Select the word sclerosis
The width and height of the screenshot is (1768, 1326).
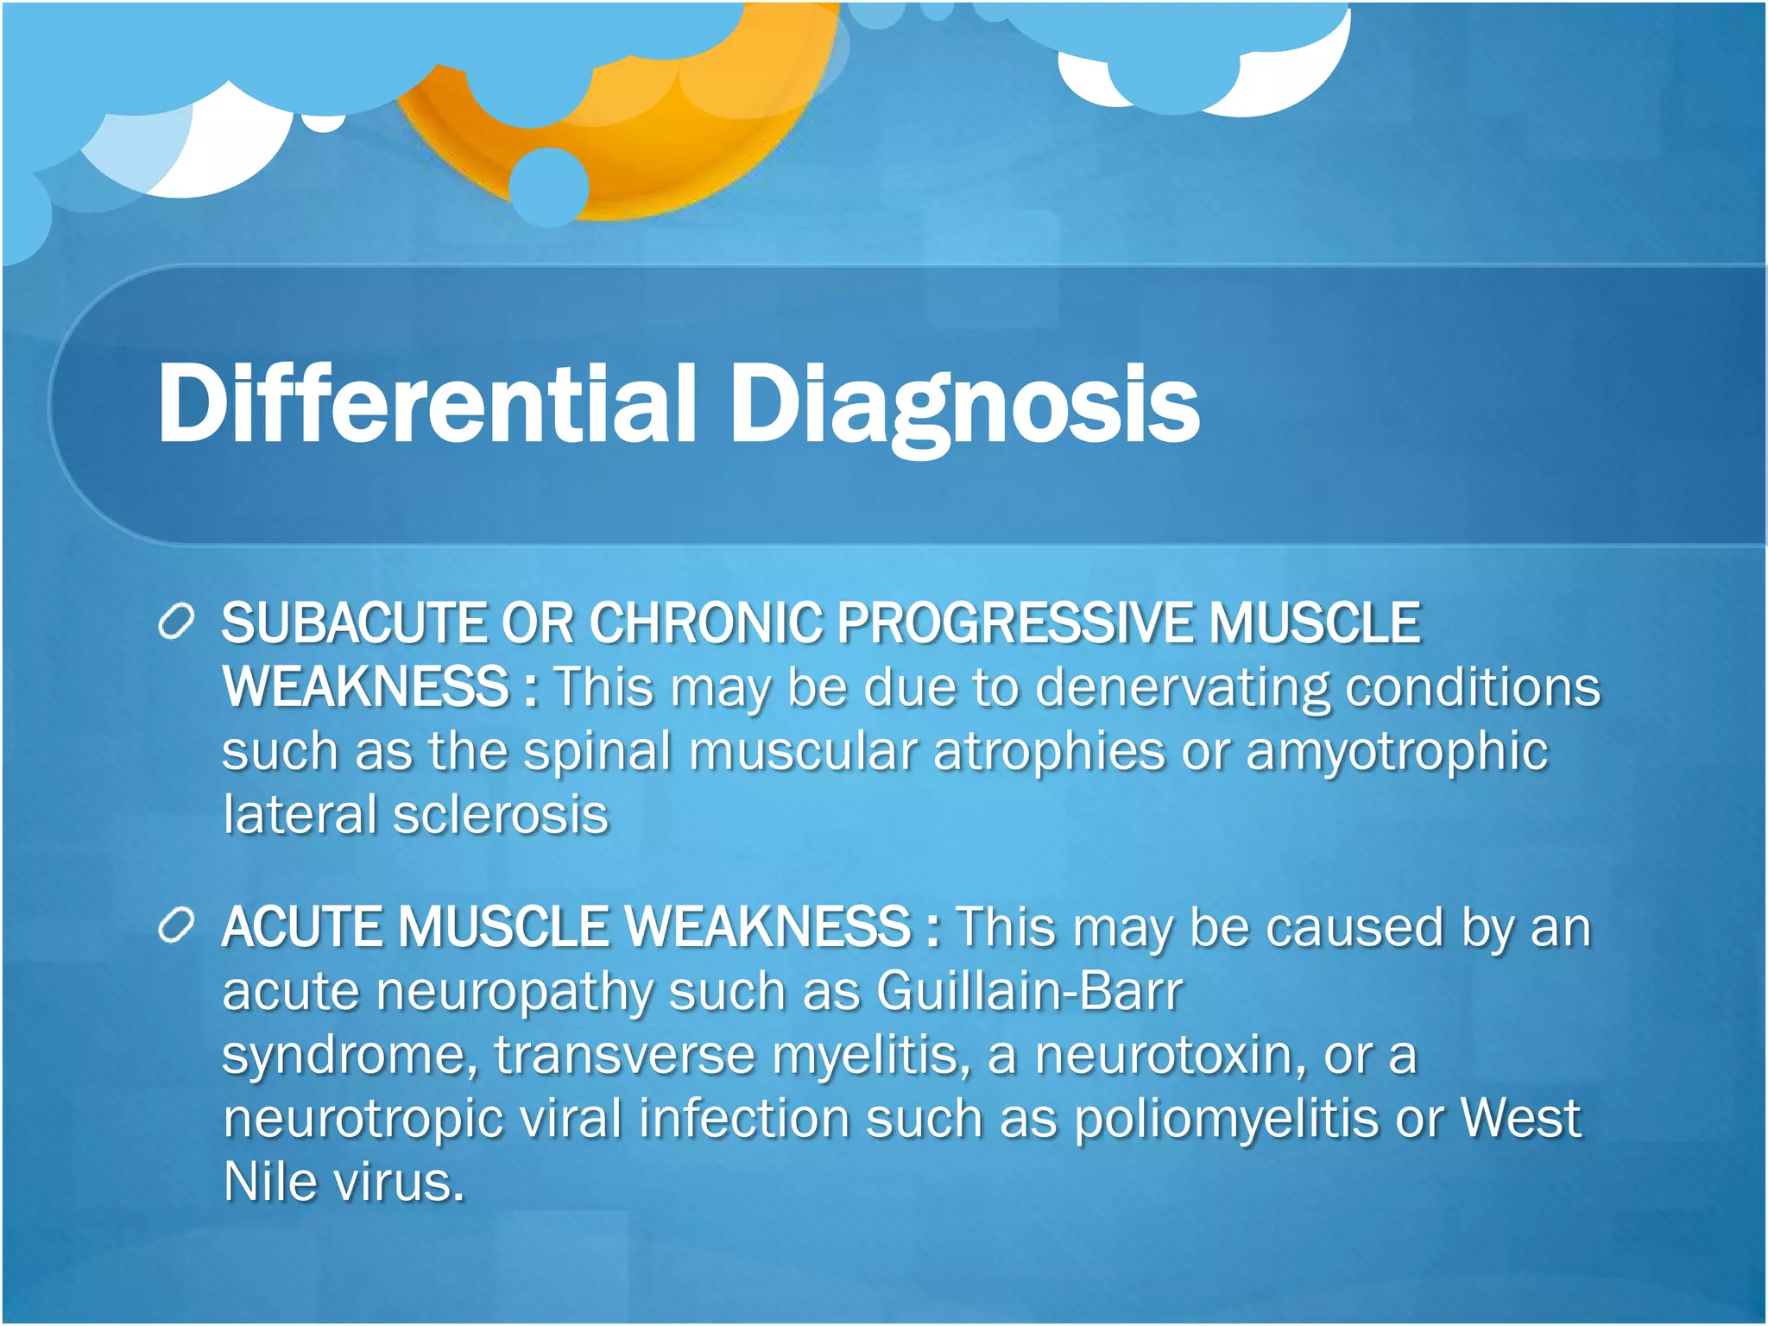coord(501,815)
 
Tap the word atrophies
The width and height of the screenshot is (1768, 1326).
coord(1049,751)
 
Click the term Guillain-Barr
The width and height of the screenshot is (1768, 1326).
coord(1029,991)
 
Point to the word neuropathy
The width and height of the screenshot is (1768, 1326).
coord(515,991)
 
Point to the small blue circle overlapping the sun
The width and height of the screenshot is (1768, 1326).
coord(548,186)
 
